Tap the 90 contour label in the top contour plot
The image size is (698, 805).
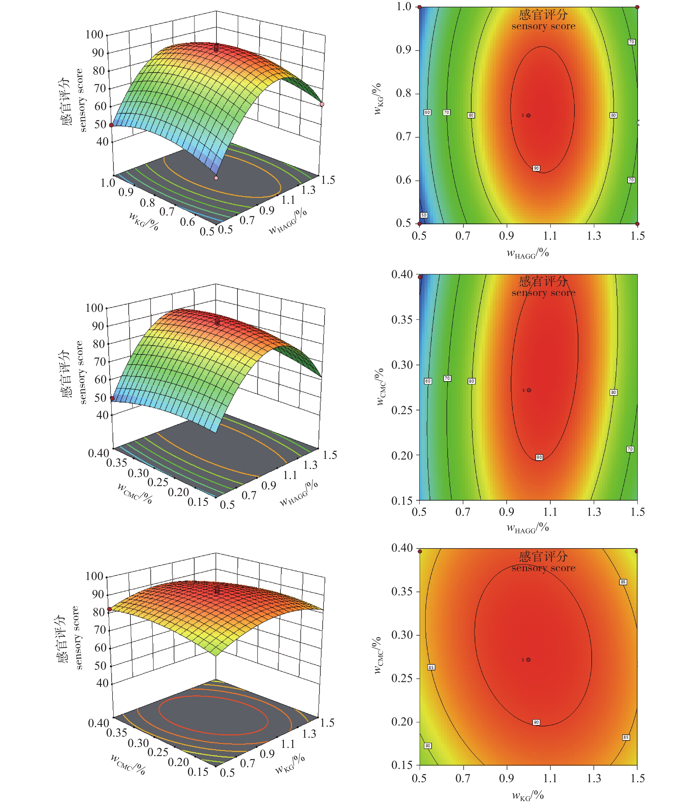click(536, 168)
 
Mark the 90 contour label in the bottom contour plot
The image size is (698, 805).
click(536, 722)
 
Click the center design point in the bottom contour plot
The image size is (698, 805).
click(528, 660)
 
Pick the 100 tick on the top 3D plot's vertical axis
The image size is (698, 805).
click(94, 35)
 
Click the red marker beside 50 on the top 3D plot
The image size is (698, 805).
click(111, 125)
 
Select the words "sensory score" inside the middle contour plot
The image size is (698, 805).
click(543, 293)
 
